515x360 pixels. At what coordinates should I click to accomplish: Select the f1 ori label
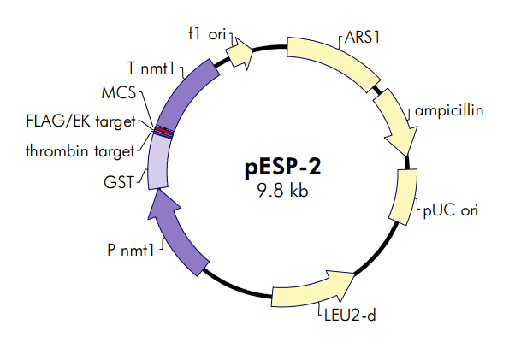coord(205,33)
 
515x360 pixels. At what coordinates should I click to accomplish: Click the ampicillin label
coord(447,111)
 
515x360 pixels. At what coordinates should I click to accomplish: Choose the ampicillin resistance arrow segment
coord(395,118)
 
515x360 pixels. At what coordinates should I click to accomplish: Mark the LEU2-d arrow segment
coord(312,289)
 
